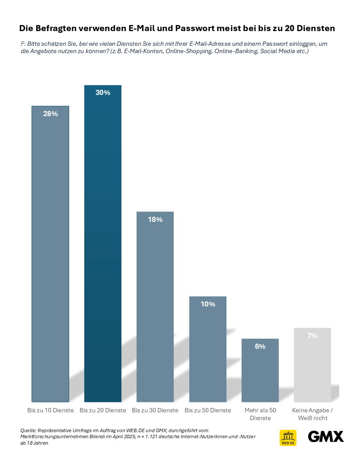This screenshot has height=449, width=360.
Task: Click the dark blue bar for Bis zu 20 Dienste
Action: pyautogui.click(x=102, y=243)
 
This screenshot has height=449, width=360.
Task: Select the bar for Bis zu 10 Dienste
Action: pyautogui.click(x=50, y=254)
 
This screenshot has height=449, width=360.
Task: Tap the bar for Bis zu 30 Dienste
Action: pyautogui.click(x=155, y=307)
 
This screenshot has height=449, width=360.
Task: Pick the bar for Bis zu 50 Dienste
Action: pyautogui.click(x=208, y=349)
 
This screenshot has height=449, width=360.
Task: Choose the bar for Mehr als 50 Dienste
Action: pyautogui.click(x=260, y=370)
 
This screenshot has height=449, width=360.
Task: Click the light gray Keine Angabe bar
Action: pyautogui.click(x=312, y=365)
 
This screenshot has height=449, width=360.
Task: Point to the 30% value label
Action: pyautogui.click(x=103, y=92)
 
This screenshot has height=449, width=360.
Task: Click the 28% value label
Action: pyautogui.click(x=51, y=114)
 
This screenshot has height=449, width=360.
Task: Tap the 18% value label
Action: pyautogui.click(x=155, y=219)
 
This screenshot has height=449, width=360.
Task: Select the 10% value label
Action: pyautogui.click(x=208, y=304)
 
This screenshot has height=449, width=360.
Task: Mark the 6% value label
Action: pyautogui.click(x=260, y=347)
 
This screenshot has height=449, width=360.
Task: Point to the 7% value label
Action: pyautogui.click(x=312, y=335)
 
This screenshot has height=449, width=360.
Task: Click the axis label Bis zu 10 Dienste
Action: pyautogui.click(x=51, y=410)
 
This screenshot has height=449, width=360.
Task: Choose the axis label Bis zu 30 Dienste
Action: pyautogui.click(x=155, y=410)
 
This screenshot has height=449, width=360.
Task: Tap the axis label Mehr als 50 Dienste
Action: pyautogui.click(x=260, y=414)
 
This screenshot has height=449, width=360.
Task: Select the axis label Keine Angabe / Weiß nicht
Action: pyautogui.click(x=312, y=414)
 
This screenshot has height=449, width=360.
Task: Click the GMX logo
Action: pyautogui.click(x=326, y=437)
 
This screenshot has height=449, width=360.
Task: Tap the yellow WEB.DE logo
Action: pyautogui.click(x=288, y=438)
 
